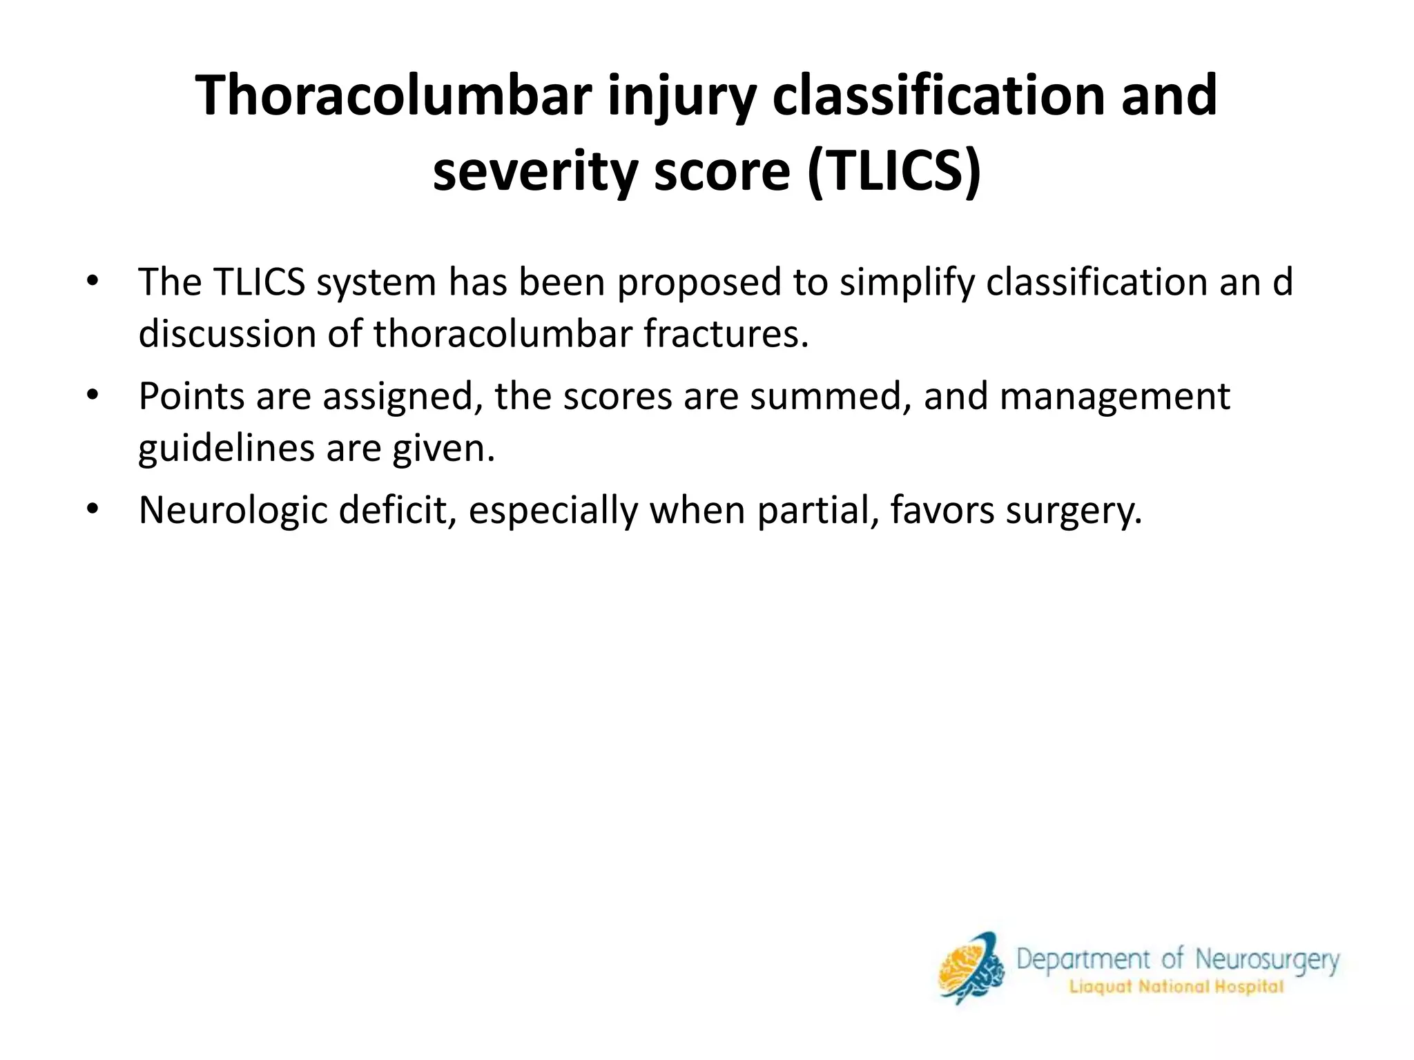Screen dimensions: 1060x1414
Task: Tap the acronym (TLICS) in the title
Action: tap(893, 171)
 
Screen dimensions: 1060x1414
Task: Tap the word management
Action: tap(1114, 397)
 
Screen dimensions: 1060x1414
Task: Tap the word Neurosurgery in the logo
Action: tap(1267, 960)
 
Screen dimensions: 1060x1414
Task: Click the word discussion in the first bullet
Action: tap(227, 334)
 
